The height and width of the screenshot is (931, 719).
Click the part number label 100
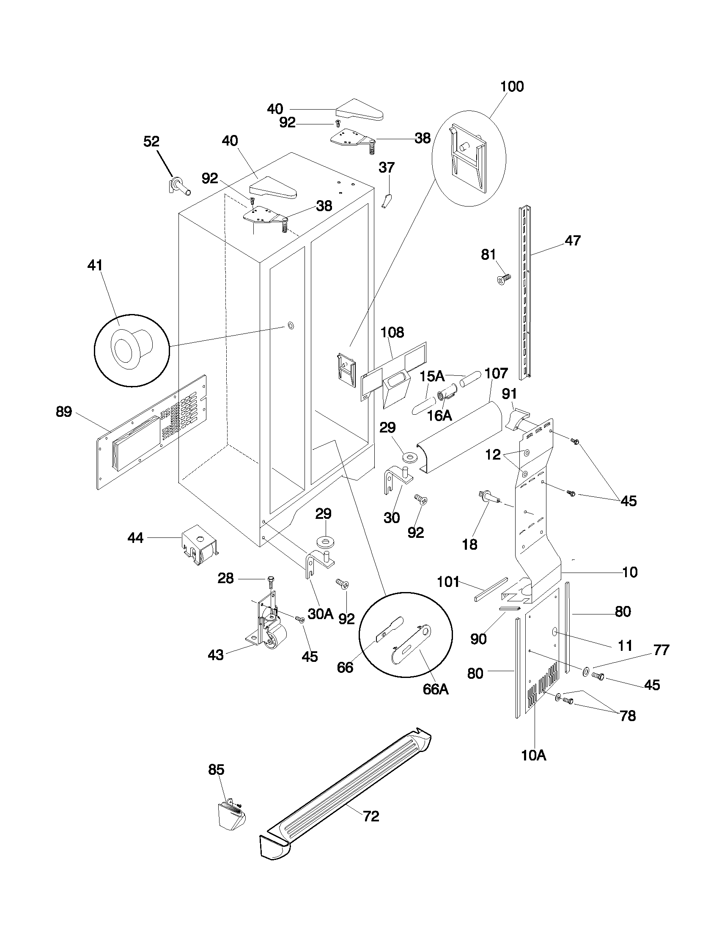pos(512,86)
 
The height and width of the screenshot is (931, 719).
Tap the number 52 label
pos(151,141)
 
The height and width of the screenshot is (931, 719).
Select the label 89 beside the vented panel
pos(64,412)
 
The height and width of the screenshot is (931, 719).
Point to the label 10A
pos(533,755)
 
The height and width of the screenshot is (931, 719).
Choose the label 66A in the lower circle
pos(435,689)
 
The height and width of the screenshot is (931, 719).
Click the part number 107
pos(496,373)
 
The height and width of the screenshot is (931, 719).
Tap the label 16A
pos(439,416)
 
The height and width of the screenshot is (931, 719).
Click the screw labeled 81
pos(504,279)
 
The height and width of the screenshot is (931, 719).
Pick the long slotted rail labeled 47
pos(525,294)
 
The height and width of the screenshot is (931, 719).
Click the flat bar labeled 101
pos(490,589)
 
